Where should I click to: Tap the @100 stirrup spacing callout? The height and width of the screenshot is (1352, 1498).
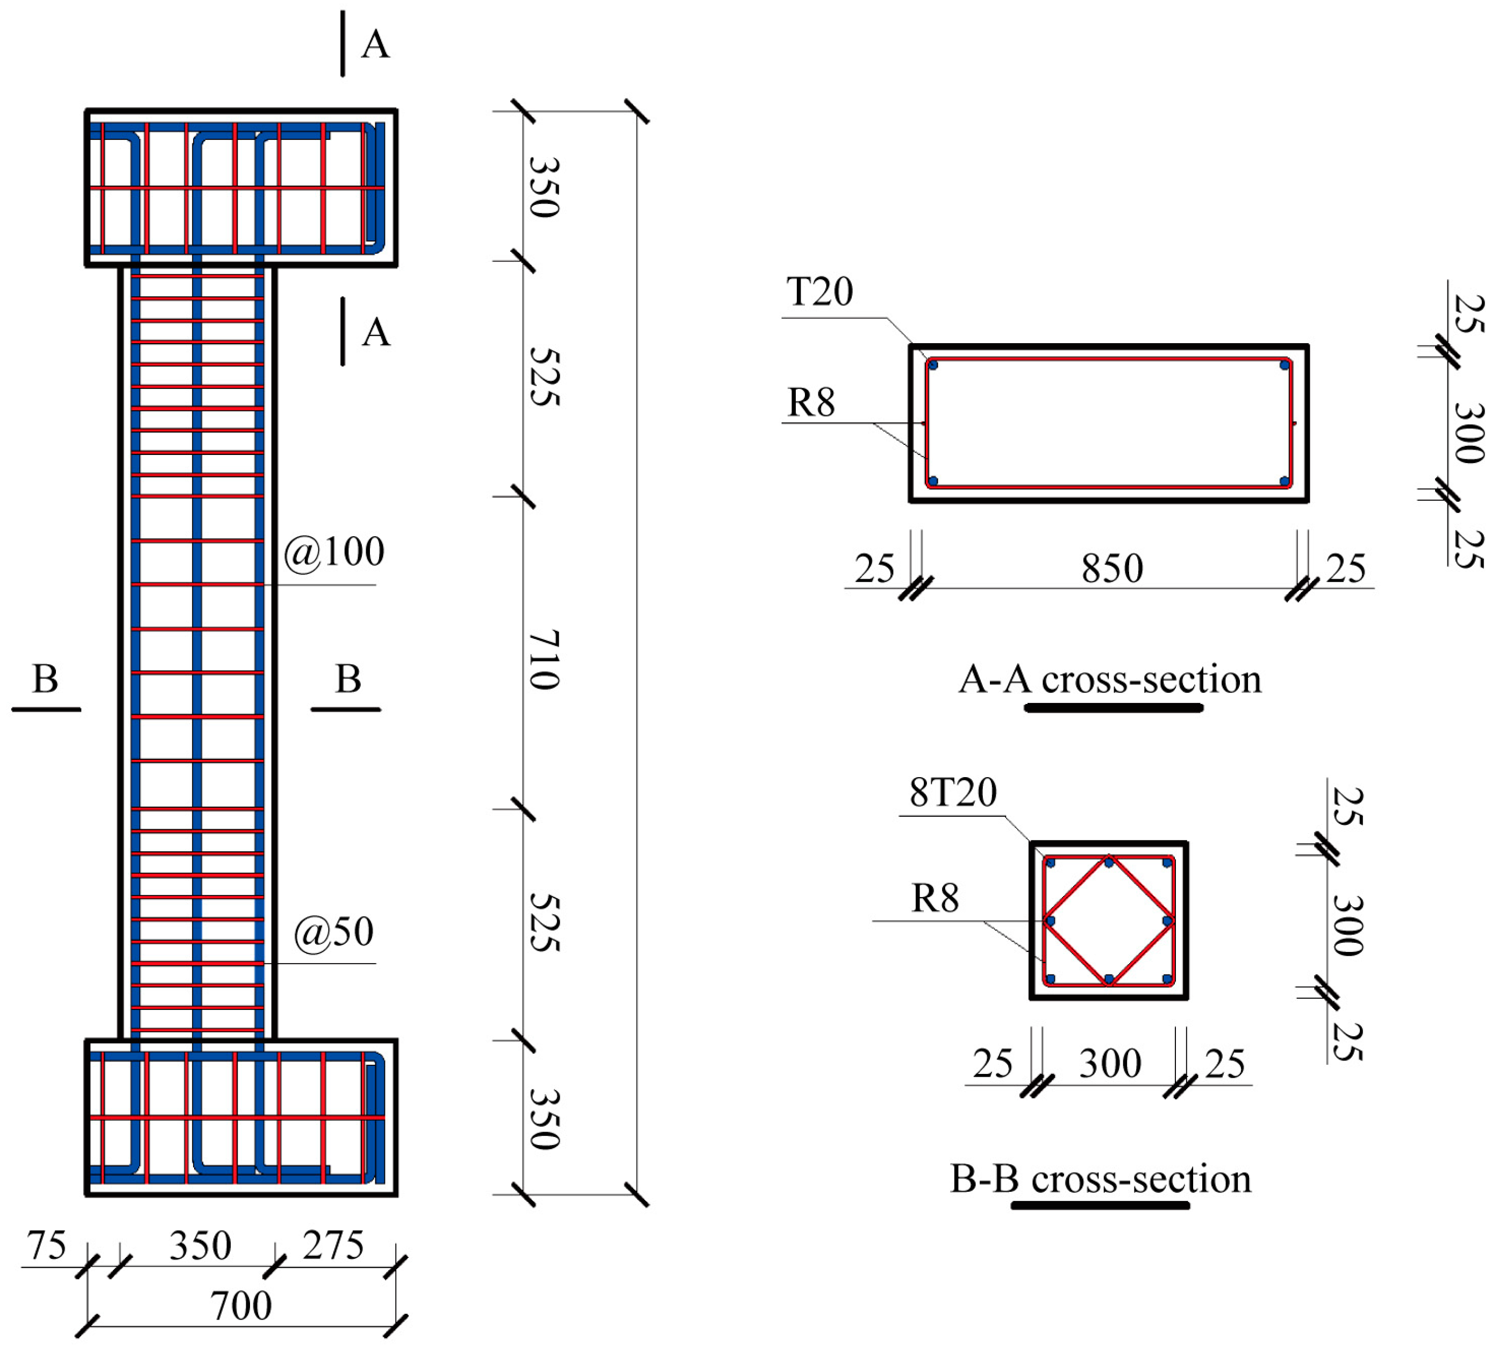click(334, 552)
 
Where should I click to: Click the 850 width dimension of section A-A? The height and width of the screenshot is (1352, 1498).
click(1112, 569)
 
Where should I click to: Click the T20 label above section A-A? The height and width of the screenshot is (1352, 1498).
click(819, 291)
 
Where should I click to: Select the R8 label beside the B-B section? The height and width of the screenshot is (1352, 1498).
click(935, 898)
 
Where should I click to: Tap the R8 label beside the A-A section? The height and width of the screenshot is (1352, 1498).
click(810, 403)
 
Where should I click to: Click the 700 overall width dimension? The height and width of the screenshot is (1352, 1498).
click(241, 1306)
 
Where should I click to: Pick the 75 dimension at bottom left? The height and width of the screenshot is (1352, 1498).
click(46, 1246)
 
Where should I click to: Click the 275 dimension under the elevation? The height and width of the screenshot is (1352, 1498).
click(333, 1246)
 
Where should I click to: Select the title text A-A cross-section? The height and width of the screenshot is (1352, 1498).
click(1110, 679)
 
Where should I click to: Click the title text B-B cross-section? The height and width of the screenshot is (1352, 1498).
click(1100, 1179)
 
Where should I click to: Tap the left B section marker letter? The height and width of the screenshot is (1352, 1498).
click(45, 678)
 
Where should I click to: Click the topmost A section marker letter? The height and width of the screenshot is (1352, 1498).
click(375, 45)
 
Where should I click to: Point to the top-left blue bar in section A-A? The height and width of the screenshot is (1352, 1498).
click(933, 365)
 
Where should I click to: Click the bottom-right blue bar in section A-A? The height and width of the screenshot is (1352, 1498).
click(1284, 481)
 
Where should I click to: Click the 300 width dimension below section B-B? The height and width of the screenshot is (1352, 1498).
click(1110, 1063)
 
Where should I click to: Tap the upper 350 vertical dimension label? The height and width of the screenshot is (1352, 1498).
click(544, 187)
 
